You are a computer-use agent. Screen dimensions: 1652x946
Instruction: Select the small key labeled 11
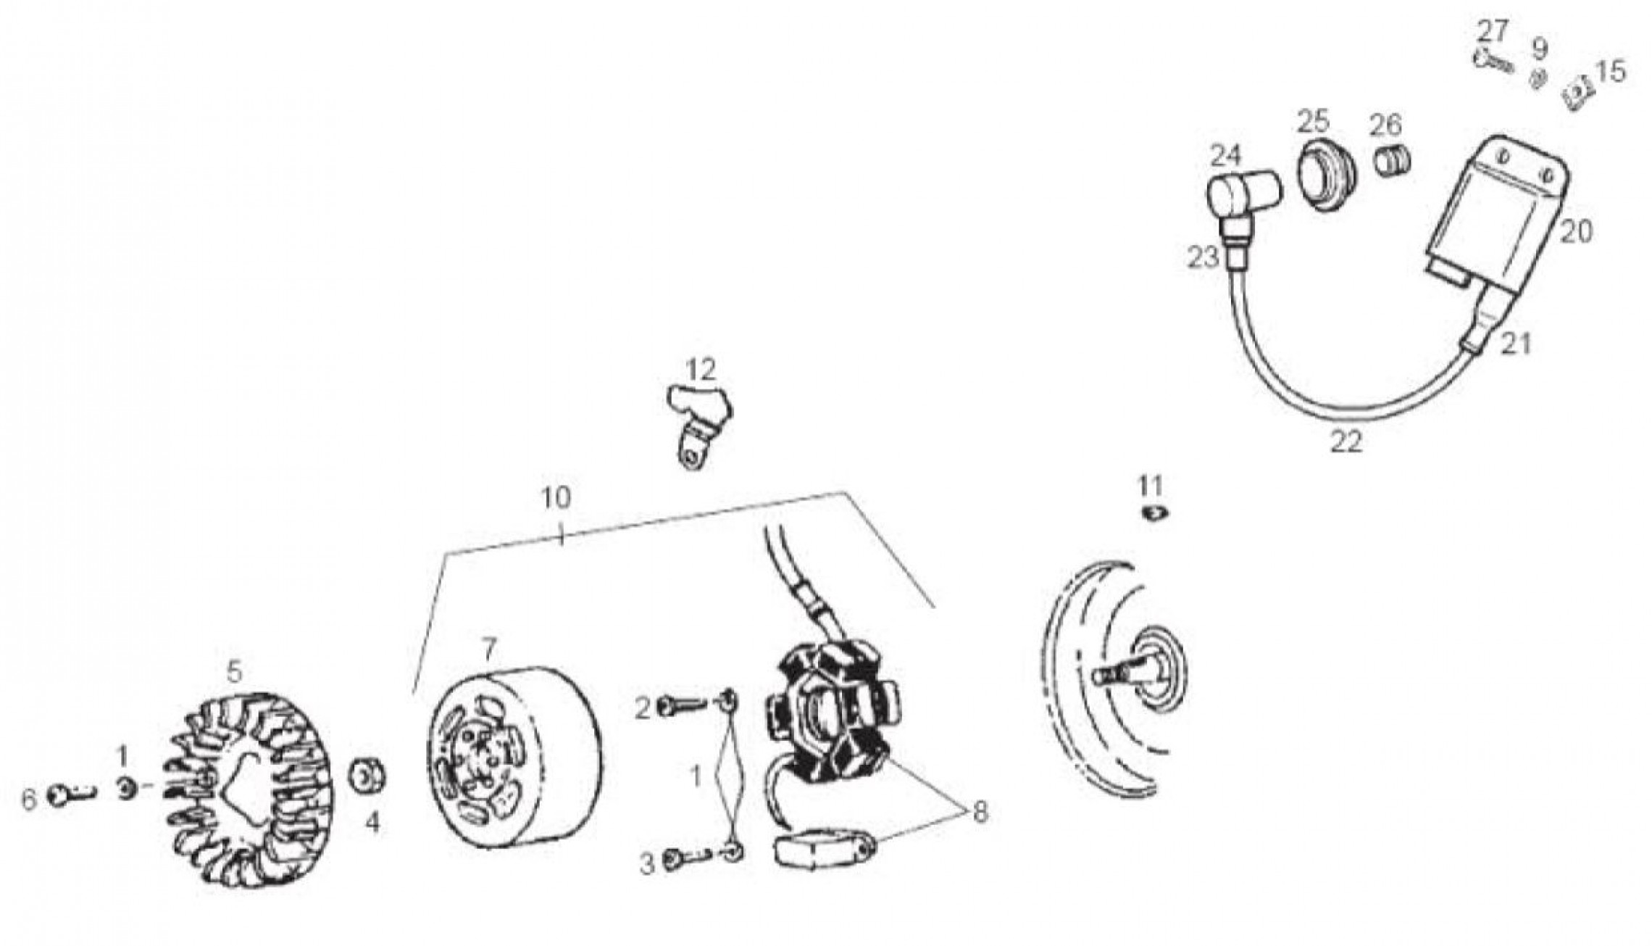click(x=1153, y=513)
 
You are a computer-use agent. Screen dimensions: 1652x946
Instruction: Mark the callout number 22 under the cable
click(x=1346, y=441)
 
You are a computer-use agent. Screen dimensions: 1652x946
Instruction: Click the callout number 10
click(x=556, y=498)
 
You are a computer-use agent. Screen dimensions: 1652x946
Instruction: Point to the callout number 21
click(x=1516, y=345)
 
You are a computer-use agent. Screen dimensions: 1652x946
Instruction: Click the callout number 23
click(x=1203, y=258)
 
